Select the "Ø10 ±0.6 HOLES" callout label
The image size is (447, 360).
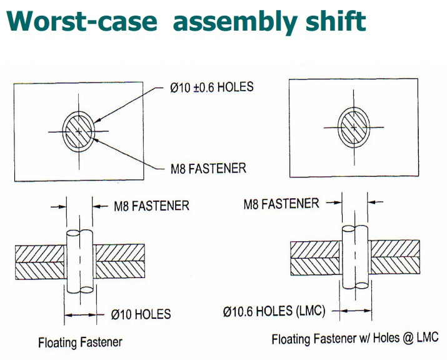(x=211, y=87)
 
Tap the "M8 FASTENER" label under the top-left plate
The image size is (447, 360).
(x=208, y=167)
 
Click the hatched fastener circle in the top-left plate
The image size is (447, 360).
(x=79, y=131)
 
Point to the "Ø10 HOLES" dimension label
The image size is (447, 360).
(x=141, y=314)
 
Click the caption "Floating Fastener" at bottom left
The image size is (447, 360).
(x=80, y=342)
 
